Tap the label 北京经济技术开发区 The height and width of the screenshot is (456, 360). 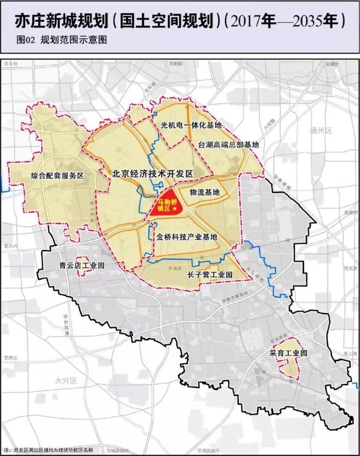point(152,174)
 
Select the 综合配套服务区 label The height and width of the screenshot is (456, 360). point(57,176)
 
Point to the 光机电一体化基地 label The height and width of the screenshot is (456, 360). point(191,125)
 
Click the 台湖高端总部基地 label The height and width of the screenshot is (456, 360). point(228,144)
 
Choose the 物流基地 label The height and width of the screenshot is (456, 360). point(205,192)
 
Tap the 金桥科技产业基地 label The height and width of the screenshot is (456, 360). point(187,237)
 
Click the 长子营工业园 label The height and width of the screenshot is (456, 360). point(209,275)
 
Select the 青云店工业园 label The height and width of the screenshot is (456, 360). point(82,266)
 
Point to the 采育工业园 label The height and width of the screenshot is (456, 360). point(288,353)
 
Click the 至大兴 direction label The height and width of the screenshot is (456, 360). point(10,245)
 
